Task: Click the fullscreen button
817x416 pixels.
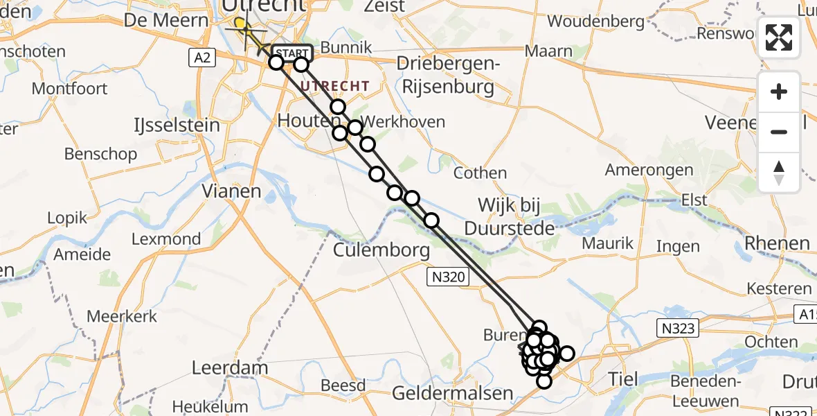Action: pos(779,37)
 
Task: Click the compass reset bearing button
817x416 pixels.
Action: pos(779,173)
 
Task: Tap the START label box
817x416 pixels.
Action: pos(292,53)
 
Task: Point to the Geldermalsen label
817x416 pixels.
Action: pos(452,393)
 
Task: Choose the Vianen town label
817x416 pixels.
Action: pos(231,191)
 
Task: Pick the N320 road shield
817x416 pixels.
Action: pos(448,277)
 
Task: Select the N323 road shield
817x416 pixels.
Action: pos(677,327)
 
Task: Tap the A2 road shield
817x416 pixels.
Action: pos(202,58)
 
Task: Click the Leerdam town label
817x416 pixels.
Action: pos(219,367)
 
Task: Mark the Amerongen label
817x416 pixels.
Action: pos(649,170)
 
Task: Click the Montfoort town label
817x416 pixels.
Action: pos(70,89)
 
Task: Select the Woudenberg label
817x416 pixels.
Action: pos(595,21)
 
